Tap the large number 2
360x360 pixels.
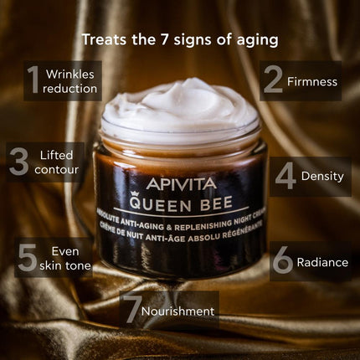pyautogui.click(x=274, y=81)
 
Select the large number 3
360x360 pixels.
pyautogui.click(x=18, y=162)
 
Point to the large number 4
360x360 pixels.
pyautogui.click(x=285, y=176)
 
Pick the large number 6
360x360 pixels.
pyautogui.click(x=283, y=261)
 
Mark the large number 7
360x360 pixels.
pyautogui.click(x=131, y=311)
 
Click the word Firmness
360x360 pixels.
pyautogui.click(x=312, y=82)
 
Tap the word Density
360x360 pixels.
pyautogui.click(x=322, y=177)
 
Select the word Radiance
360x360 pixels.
pyautogui.click(x=322, y=262)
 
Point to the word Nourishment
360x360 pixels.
pyautogui.click(x=177, y=311)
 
